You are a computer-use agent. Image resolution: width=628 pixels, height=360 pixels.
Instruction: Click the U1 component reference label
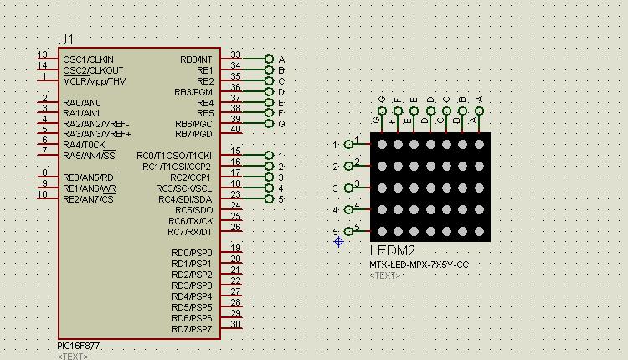coord(66,39)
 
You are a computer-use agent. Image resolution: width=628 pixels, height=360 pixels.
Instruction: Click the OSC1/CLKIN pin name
coord(88,59)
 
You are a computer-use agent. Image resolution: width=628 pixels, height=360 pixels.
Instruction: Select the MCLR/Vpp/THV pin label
coord(94,81)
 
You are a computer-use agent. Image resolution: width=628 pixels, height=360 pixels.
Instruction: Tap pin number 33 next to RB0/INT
coord(235,55)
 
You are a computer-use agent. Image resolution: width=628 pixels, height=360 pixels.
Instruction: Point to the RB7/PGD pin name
coord(193,134)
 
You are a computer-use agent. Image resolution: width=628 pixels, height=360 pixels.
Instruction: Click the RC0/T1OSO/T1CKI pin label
coord(174,156)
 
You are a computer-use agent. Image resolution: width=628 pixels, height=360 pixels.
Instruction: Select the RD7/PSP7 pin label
coord(192,329)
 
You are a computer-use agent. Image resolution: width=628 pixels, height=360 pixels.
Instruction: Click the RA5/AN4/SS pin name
coord(89,156)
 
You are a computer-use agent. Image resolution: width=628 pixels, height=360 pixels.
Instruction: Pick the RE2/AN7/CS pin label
coord(88,199)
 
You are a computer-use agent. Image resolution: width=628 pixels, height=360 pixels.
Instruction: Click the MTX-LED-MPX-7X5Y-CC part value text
coord(419,265)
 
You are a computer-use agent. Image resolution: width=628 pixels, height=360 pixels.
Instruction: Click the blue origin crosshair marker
coord(338,241)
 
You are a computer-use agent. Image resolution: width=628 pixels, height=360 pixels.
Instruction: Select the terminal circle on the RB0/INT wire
coord(269,59)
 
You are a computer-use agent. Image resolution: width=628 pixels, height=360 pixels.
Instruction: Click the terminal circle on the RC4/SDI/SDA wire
coord(269,199)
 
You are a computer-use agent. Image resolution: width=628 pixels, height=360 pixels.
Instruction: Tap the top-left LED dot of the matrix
coord(382,144)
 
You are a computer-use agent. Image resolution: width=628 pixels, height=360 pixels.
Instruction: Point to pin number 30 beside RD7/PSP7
coord(236,325)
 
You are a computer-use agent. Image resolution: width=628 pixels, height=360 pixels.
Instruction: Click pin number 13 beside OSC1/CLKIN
coord(42,55)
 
